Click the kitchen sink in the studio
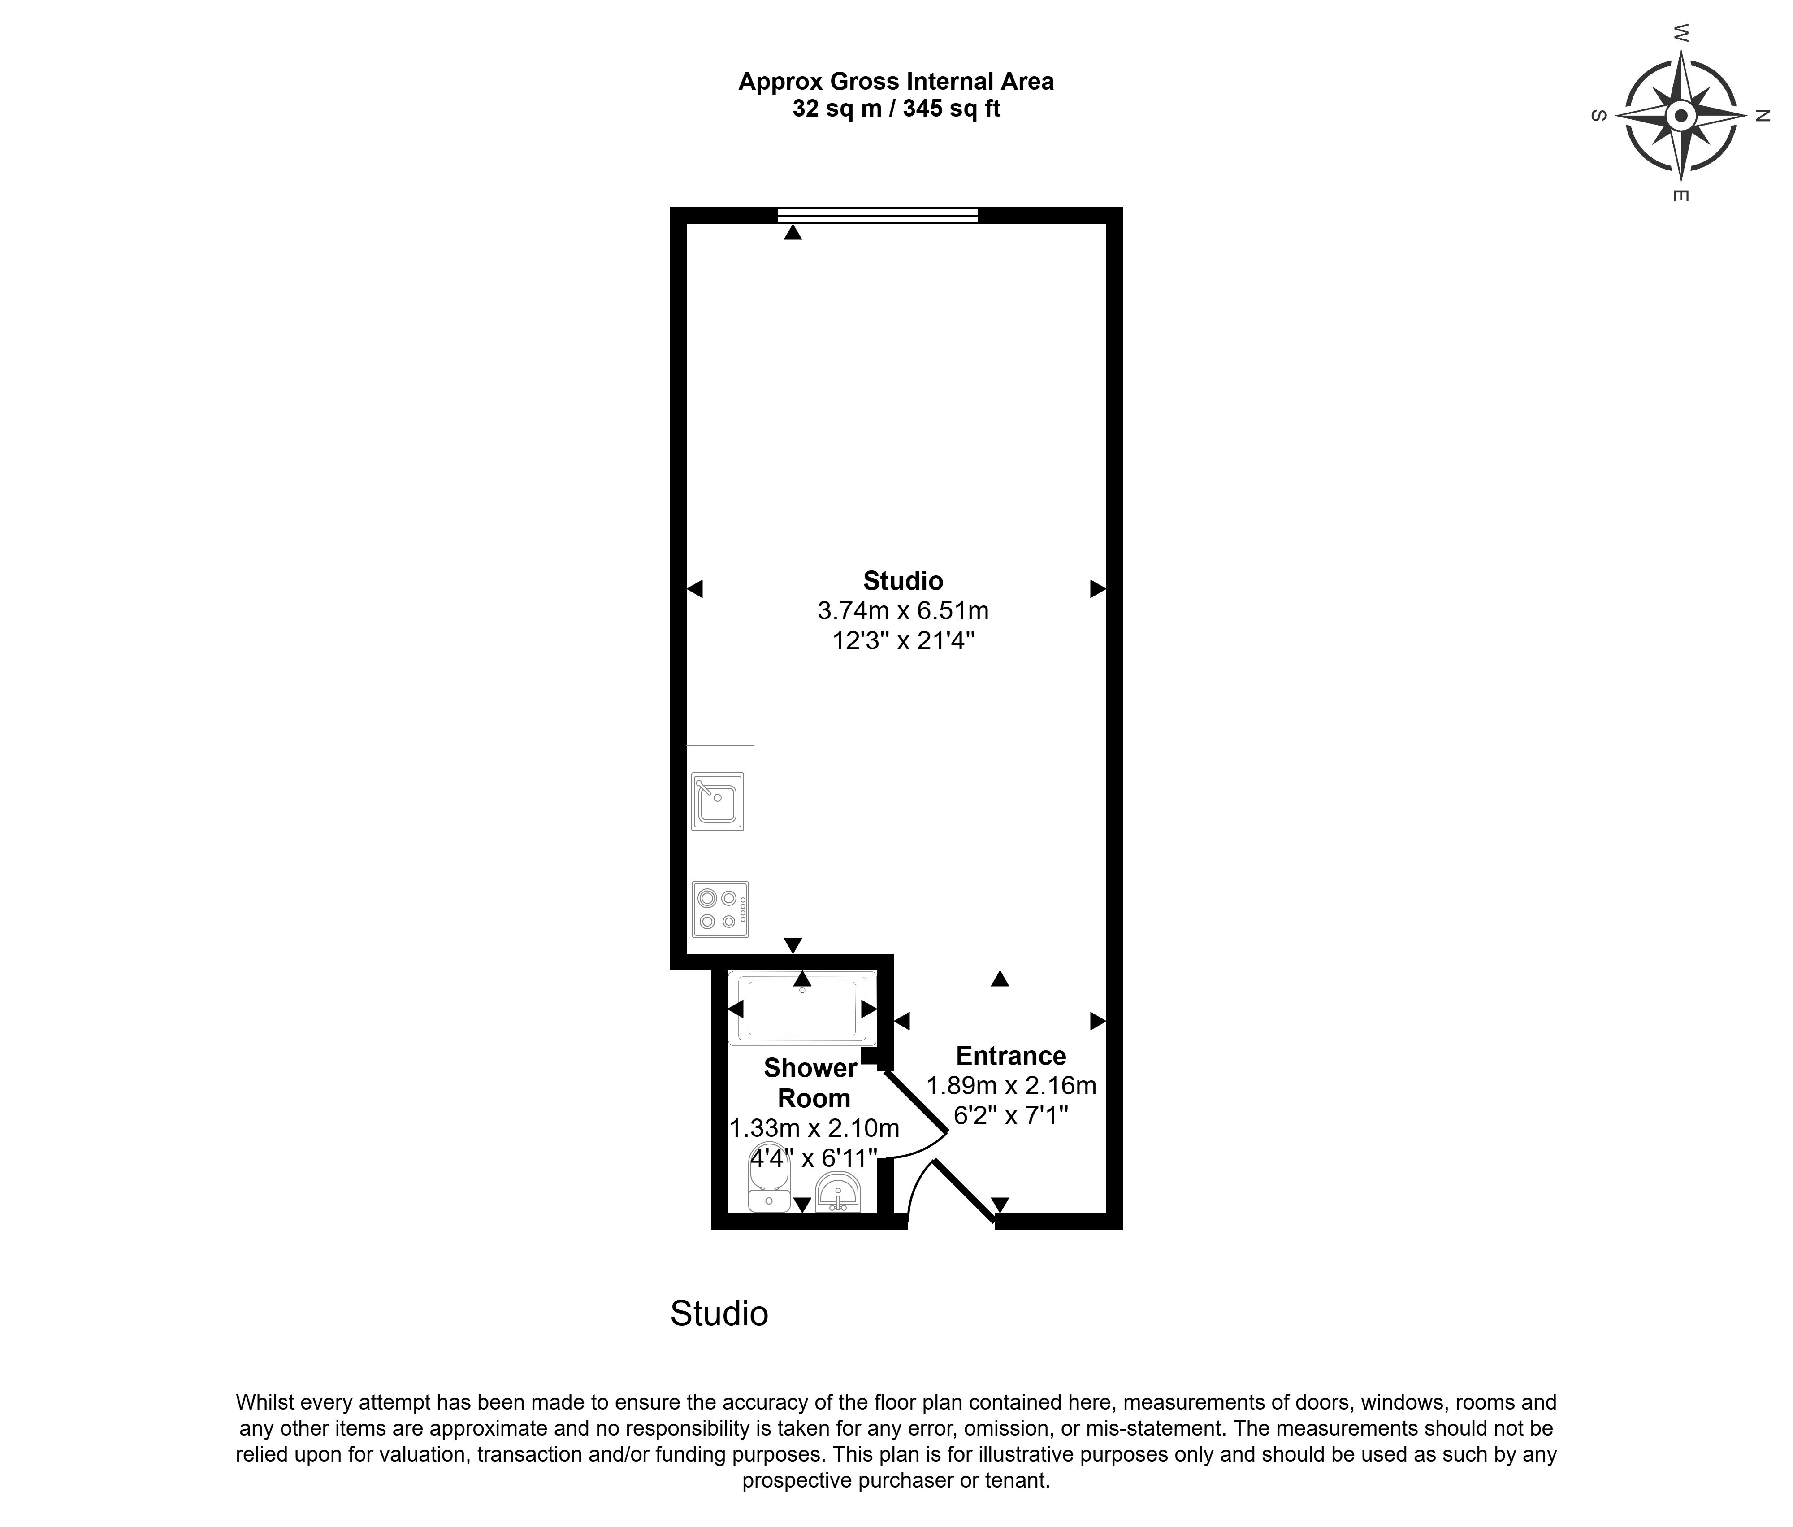(x=717, y=801)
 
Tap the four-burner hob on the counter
(x=720, y=909)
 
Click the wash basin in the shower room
(x=838, y=1193)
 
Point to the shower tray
(x=802, y=1009)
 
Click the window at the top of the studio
(x=878, y=216)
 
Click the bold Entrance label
(x=1011, y=1056)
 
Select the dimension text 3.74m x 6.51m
(x=903, y=611)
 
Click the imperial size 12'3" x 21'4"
(x=903, y=641)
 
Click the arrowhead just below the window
(x=793, y=232)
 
